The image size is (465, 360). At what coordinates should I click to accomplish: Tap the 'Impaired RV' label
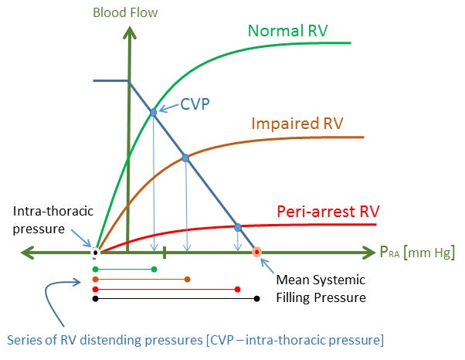pos(297,124)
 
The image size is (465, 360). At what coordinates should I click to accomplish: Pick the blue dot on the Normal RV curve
pos(153,113)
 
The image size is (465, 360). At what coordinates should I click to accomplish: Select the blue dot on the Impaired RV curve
pos(185,158)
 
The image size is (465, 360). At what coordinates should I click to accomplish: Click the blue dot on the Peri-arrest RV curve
pos(238,227)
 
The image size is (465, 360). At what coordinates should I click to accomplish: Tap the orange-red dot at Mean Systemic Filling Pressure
pos(257,252)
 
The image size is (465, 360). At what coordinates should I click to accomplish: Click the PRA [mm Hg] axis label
pos(416,253)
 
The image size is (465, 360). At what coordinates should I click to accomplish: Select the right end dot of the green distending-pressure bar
pos(154,269)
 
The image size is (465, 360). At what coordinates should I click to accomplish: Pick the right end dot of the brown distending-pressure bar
pos(188,279)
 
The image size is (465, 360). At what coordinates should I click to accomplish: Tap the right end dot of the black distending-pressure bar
pos(257,298)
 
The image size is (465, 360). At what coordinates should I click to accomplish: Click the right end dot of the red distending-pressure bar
pos(237,289)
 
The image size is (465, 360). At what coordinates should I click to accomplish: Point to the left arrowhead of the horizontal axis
pos(27,252)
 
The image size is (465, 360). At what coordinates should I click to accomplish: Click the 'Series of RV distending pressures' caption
pos(195,339)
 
